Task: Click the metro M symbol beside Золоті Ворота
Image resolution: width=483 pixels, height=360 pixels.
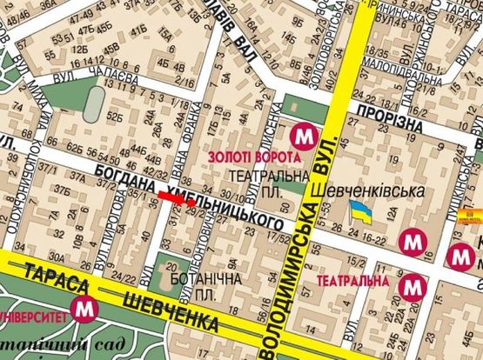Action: pyautogui.click(x=303, y=136)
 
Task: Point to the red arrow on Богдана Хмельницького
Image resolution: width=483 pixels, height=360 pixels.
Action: pyautogui.click(x=177, y=199)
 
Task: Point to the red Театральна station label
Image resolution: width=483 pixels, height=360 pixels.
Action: pyautogui.click(x=352, y=282)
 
